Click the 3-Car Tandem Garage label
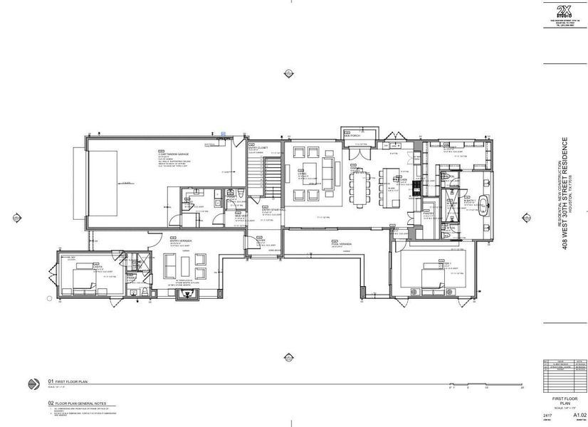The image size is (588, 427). (x=171, y=153)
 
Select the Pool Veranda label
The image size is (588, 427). (x=340, y=243)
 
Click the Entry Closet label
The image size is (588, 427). (x=257, y=148)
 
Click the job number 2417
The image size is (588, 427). (x=546, y=413)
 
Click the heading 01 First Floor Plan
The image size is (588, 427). (x=66, y=381)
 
